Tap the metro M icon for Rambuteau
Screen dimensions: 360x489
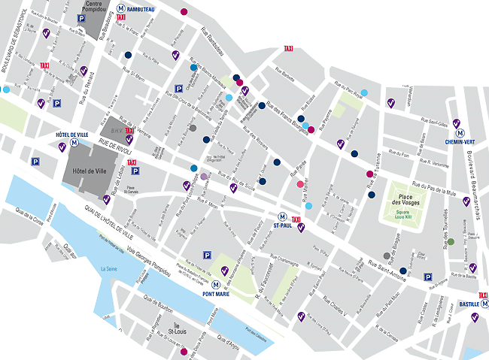[121, 8]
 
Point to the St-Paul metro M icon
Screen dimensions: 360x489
[282, 215]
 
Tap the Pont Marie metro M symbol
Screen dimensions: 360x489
[216, 285]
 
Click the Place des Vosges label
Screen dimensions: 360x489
[405, 201]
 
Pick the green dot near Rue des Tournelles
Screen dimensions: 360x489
[451, 242]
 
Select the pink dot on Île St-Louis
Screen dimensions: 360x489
[184, 351]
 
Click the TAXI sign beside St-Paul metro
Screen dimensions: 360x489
[296, 219]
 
